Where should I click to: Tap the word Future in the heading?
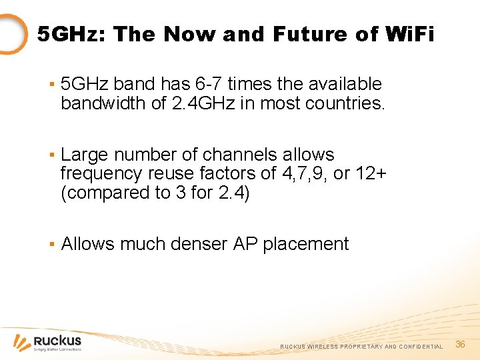301,34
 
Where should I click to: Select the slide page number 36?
460,344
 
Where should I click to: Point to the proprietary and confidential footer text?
361,347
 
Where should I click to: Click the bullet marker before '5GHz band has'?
51,85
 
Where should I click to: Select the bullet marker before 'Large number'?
51,155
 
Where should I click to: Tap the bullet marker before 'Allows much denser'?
51,245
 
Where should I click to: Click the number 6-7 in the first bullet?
208,84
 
